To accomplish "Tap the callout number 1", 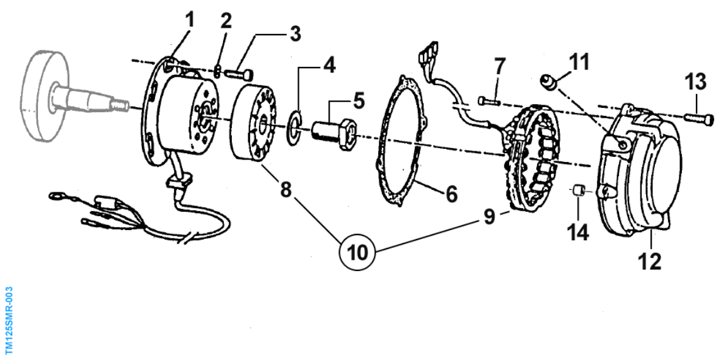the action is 190,20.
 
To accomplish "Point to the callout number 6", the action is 452,194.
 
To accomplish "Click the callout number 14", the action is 579,231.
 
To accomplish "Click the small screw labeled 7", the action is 488,100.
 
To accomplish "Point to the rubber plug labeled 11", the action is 548,82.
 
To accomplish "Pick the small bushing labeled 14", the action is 577,190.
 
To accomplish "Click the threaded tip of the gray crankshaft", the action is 120,107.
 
